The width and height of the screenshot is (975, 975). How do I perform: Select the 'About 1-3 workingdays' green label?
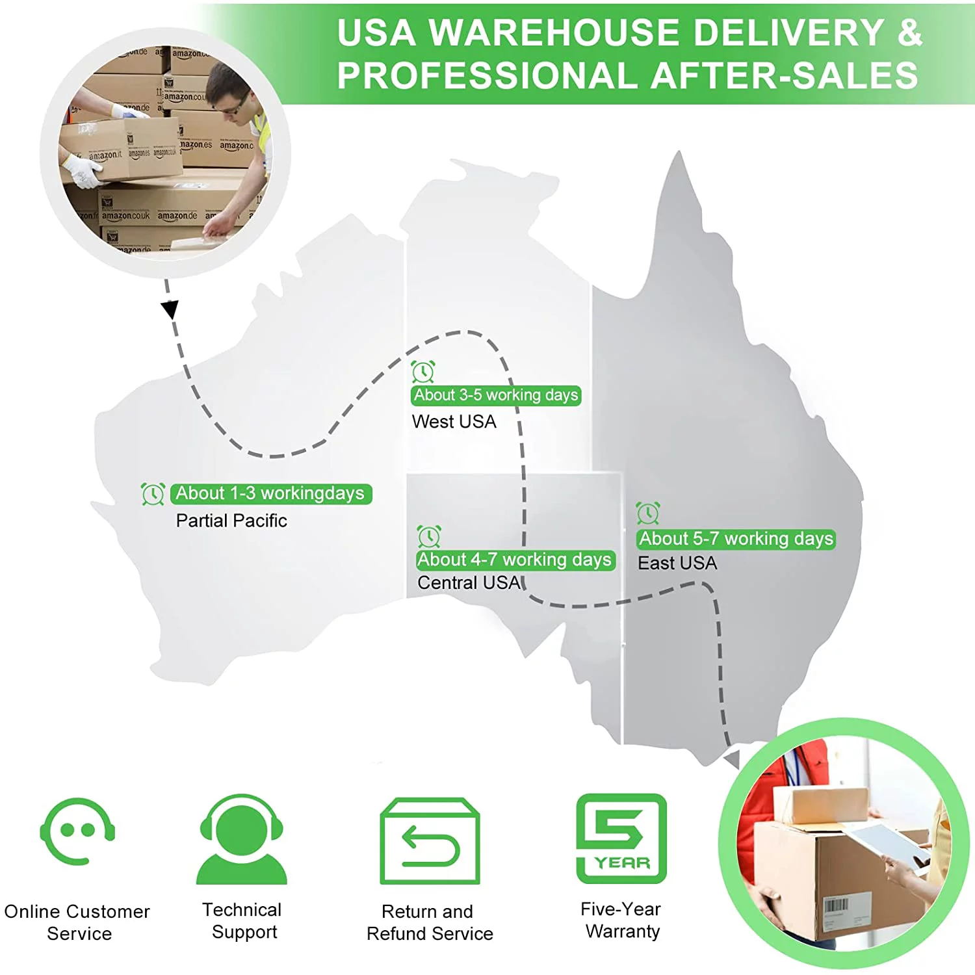point(270,493)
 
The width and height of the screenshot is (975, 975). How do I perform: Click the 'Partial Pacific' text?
point(231,521)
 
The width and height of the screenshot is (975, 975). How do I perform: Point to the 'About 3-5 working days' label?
point(496,395)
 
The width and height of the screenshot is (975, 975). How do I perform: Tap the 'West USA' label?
point(454,422)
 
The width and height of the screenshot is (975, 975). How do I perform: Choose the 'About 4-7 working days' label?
point(515,560)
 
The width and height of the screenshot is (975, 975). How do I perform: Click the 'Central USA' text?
point(469,582)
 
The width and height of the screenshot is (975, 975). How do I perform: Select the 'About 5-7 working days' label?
point(736,539)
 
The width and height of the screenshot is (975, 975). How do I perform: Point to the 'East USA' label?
point(677,563)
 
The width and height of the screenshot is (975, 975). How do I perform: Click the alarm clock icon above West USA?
point(423,372)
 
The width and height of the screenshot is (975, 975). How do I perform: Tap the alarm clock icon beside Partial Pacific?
point(153,494)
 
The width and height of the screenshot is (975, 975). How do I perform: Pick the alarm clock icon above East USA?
point(648,513)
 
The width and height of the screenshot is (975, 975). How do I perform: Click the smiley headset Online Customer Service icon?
point(77,831)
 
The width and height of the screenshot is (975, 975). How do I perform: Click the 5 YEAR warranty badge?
point(621,838)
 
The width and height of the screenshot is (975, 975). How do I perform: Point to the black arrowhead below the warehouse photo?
point(170,309)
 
